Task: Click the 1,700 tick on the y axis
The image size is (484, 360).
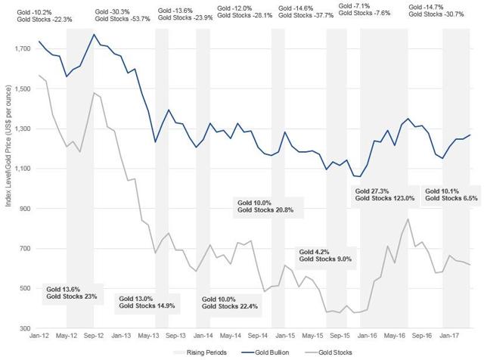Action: (19, 49)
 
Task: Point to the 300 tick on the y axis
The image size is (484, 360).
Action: (23, 328)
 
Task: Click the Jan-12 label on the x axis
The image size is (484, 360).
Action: (39, 336)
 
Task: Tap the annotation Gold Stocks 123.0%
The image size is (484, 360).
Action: (382, 198)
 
